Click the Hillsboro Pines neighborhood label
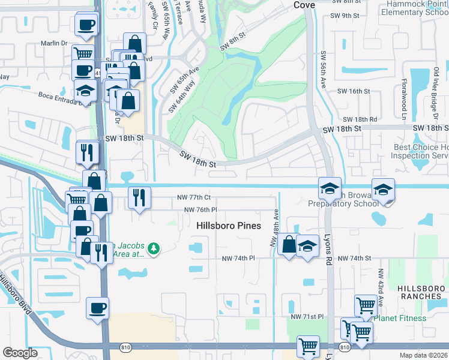pos(229,226)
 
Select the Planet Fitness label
pos(400,318)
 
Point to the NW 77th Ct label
pos(194,197)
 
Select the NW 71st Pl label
pos(307,316)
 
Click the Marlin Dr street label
pos(55,43)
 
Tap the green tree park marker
pos(154,248)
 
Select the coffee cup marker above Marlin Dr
pos(86,25)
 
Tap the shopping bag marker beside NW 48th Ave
pos(289,244)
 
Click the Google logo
pos(20,353)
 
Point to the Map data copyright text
pos(424,355)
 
